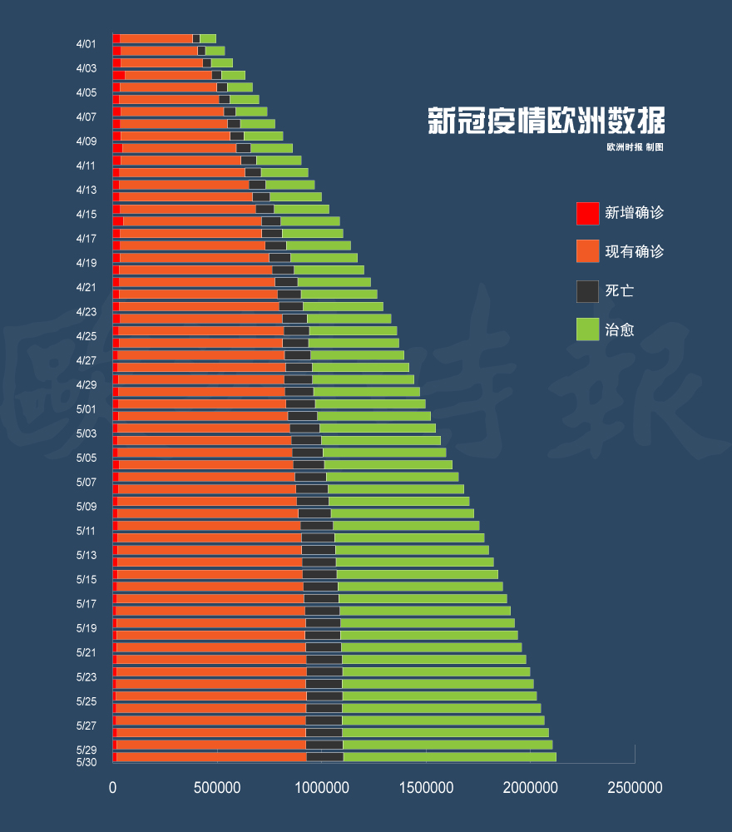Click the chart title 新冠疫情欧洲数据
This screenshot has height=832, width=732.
(x=546, y=121)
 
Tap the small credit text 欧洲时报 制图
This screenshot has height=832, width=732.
(x=635, y=147)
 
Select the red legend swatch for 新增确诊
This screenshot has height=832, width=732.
(x=587, y=213)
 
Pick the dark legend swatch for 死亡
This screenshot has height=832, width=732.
(x=587, y=291)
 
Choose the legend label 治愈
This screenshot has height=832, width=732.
(x=620, y=329)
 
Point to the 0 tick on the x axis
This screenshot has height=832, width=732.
(x=113, y=787)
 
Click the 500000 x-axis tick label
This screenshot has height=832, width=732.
(x=217, y=787)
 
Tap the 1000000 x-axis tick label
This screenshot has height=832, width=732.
(x=322, y=787)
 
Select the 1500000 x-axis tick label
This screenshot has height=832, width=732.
(x=426, y=787)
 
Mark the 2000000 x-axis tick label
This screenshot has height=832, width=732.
(x=530, y=787)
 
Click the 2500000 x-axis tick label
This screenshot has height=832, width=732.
(x=634, y=787)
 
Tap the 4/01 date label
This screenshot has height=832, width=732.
(x=86, y=44)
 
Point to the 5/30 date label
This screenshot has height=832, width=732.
(x=86, y=762)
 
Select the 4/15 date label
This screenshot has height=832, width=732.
(x=86, y=215)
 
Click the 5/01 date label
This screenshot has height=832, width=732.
(x=86, y=409)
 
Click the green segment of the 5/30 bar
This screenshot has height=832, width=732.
(x=449, y=757)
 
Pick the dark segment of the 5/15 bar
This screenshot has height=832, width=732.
(x=319, y=574)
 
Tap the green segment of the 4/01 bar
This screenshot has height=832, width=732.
(x=208, y=38)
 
